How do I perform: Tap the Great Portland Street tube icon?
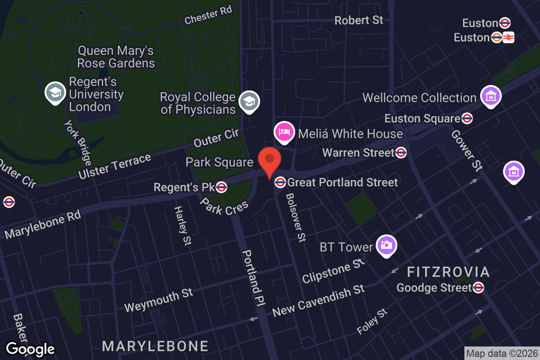[x=280, y=182]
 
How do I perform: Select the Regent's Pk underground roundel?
[x=221, y=187]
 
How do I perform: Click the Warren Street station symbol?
[x=401, y=153]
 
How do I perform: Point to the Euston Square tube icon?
[x=467, y=119]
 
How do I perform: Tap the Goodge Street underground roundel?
[x=478, y=288]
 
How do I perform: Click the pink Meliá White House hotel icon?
[x=284, y=132]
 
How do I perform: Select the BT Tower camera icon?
[x=386, y=245]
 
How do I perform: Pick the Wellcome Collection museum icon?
[x=491, y=96]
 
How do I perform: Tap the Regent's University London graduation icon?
[x=55, y=92]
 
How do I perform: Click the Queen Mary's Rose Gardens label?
[x=116, y=57]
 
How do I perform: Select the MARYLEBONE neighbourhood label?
[x=155, y=346]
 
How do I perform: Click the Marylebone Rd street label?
[x=43, y=224]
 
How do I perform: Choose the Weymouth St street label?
[x=158, y=300]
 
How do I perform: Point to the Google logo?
[x=31, y=349]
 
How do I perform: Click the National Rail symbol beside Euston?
[x=509, y=38]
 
